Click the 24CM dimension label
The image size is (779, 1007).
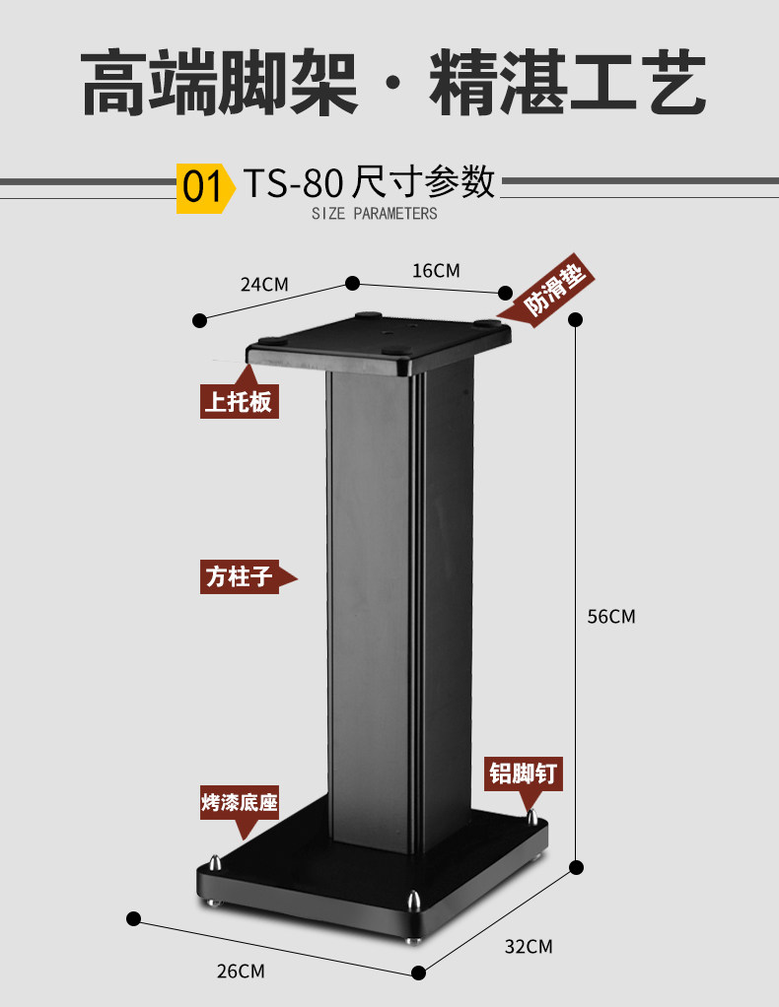point(264,285)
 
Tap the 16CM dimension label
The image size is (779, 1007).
point(436,270)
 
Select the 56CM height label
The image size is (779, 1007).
point(611,617)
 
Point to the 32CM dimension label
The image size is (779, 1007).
point(529,947)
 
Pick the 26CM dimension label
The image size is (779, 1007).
point(241,971)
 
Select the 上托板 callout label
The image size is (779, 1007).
point(239,402)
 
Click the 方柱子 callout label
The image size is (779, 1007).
point(239,576)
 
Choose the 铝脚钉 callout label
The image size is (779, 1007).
point(524,773)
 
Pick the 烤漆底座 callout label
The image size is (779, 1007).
point(239,803)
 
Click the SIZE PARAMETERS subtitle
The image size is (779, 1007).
point(374,214)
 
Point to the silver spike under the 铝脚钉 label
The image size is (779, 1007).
point(532,817)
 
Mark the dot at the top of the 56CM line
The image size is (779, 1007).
point(577,319)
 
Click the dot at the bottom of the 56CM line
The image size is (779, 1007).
point(577,867)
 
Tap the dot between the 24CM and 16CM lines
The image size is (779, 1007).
point(352,283)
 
